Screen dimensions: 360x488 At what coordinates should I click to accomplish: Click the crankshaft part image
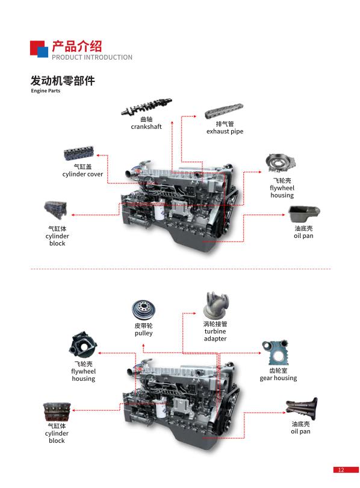(x=146, y=107)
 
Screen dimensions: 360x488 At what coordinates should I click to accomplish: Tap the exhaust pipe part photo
(x=224, y=111)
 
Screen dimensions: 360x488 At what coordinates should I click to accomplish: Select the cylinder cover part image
(x=79, y=154)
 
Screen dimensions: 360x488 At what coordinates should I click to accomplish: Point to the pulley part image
(x=143, y=310)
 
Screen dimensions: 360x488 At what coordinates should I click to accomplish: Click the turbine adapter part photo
(x=216, y=305)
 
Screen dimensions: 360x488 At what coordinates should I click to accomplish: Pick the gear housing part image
(x=275, y=352)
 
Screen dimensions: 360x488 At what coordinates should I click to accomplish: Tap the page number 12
(x=341, y=470)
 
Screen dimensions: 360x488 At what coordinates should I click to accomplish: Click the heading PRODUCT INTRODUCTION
(x=92, y=57)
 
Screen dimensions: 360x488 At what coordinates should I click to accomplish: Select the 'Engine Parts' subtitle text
(x=45, y=91)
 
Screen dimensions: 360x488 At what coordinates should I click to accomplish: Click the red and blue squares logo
(x=39, y=49)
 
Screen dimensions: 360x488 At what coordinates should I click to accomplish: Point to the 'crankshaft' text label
(x=146, y=127)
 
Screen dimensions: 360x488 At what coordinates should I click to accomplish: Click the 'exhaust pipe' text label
(x=225, y=131)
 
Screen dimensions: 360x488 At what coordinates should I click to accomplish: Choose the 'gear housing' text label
(x=278, y=378)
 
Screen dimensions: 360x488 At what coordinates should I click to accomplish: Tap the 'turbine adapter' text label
(x=215, y=335)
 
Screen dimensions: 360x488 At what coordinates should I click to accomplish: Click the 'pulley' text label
(x=143, y=333)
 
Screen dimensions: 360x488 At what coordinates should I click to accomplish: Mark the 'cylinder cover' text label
(x=82, y=174)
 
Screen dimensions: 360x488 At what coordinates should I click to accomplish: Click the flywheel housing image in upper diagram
(x=280, y=163)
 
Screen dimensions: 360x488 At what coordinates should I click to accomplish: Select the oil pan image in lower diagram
(x=301, y=408)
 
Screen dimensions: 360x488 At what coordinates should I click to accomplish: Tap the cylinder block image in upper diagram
(x=55, y=210)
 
